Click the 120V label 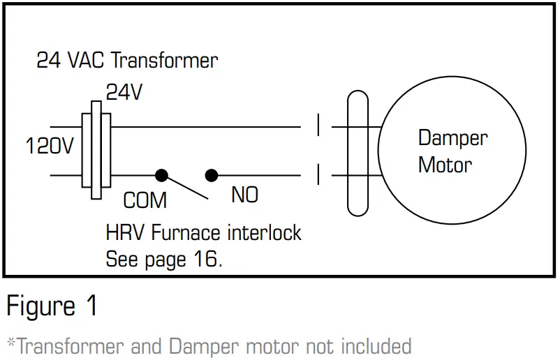tap(50, 147)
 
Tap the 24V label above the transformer tap(124, 91)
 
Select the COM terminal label tap(145, 201)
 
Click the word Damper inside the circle tap(452, 137)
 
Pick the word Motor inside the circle tap(445, 165)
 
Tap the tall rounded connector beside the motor tap(357, 150)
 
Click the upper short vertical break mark tap(318, 126)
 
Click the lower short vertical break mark tap(318, 174)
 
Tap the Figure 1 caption tap(52, 307)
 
